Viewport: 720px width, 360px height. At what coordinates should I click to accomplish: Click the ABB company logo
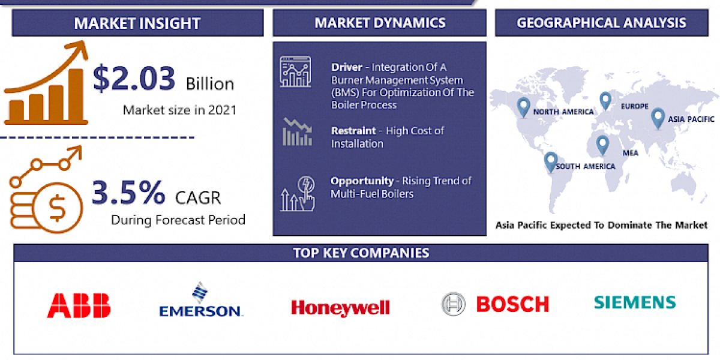coord(79,305)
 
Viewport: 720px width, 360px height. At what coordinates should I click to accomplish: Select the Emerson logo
coord(200,301)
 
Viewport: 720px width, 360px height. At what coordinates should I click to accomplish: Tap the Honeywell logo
coord(340,308)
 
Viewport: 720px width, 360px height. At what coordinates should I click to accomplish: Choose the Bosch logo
coord(496,304)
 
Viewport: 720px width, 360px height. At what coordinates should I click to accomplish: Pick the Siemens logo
coord(635,302)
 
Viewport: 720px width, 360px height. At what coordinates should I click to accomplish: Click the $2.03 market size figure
coord(134,79)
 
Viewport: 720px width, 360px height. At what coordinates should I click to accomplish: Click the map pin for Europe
coord(605,101)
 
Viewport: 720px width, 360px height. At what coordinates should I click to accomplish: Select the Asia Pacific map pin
coord(658,116)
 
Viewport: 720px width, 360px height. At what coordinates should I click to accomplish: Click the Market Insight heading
coord(137,24)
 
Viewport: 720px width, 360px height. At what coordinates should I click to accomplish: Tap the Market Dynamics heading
coord(380,23)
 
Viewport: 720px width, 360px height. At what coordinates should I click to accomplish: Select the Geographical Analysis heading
coord(602,23)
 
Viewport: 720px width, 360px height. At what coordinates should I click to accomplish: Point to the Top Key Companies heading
coord(361,253)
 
